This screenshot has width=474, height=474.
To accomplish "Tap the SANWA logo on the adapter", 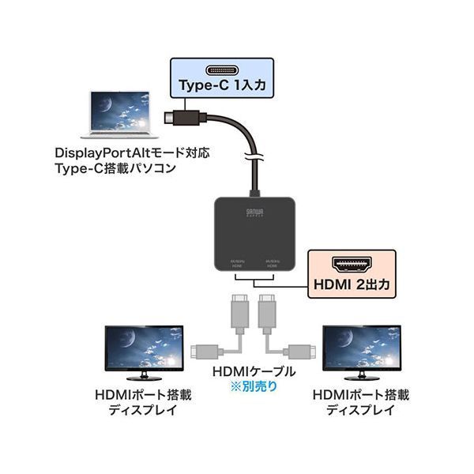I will pos(271,212).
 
